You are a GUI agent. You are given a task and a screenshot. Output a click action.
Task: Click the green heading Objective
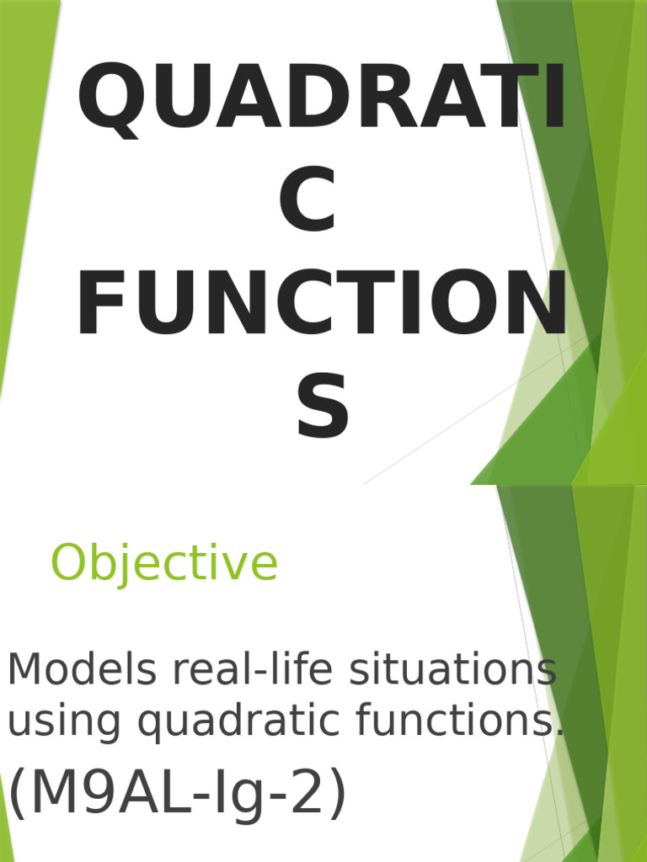click(164, 564)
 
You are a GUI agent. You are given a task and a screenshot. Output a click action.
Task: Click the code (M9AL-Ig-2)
click(177, 795)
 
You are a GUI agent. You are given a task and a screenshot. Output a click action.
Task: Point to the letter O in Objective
click(70, 564)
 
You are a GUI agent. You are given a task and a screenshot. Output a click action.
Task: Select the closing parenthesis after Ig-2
click(335, 795)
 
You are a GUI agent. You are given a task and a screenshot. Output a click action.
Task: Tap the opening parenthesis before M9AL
click(18, 795)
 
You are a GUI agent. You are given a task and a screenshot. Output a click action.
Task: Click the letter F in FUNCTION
click(98, 304)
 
